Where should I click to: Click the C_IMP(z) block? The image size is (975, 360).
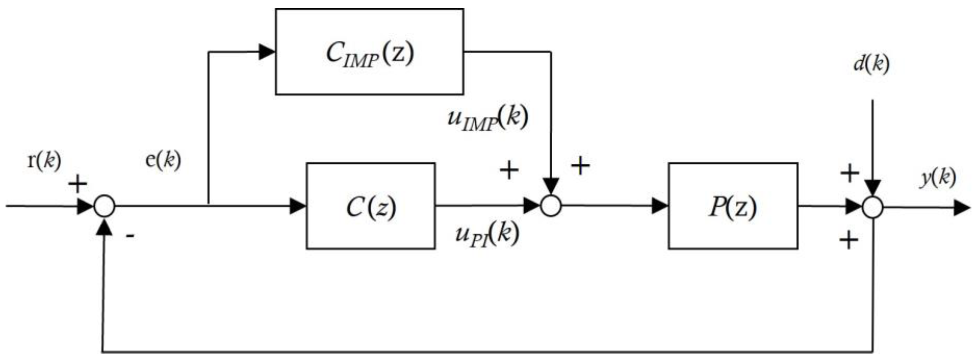pyautogui.click(x=369, y=52)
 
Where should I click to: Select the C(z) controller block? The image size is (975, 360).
pyautogui.click(x=371, y=206)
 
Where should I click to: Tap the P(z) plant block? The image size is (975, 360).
pyautogui.click(x=733, y=206)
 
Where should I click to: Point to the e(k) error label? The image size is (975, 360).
pyautogui.click(x=163, y=160)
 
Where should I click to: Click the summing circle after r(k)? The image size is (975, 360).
pyautogui.click(x=104, y=206)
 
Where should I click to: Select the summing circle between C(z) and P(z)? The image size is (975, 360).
pyautogui.click(x=551, y=206)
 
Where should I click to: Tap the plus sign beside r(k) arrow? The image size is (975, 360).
pyautogui.click(x=78, y=185)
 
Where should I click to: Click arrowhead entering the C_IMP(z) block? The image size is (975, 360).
pyautogui.click(x=266, y=52)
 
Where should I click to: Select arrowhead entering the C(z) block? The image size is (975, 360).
pyautogui.click(x=298, y=206)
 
